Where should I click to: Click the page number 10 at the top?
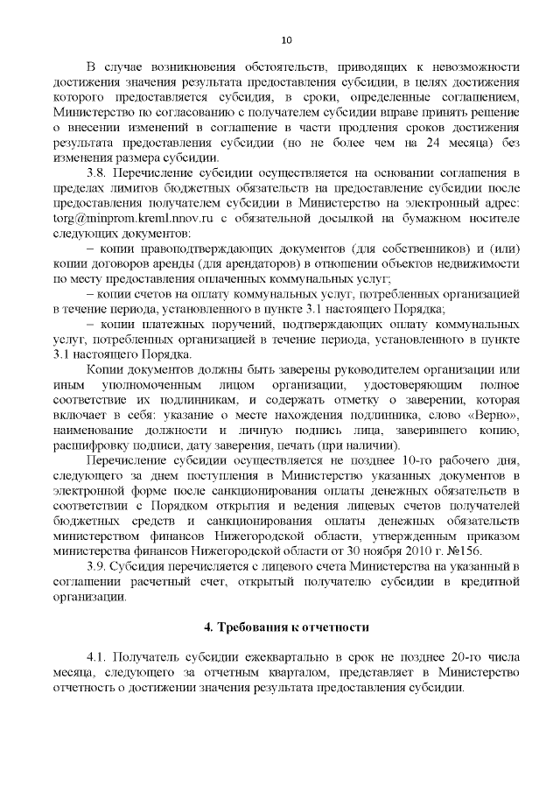tap(286, 39)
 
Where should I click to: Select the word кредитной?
tap(486, 582)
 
